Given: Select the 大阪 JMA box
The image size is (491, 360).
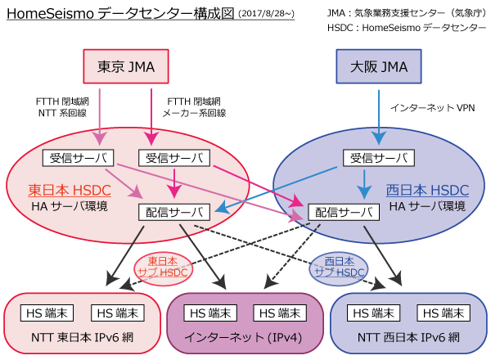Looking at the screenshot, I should tap(379, 65).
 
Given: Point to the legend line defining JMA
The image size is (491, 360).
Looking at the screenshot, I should tap(405, 12).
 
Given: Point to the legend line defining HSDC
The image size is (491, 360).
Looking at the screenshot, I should tap(405, 28).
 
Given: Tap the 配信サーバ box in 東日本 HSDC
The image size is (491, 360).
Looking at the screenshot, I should tap(173, 212).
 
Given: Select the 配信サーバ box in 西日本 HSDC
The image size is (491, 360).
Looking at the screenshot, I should tap(344, 212).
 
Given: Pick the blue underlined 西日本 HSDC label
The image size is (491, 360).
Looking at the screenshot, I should tap(427, 191).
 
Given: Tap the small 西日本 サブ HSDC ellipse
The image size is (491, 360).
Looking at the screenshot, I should tap(338, 266).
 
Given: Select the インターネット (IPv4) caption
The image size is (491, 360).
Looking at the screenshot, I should tap(245, 335).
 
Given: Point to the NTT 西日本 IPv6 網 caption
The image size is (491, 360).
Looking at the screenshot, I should tap(410, 335).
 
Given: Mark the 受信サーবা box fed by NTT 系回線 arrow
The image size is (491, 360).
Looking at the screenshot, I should tap(78, 156).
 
